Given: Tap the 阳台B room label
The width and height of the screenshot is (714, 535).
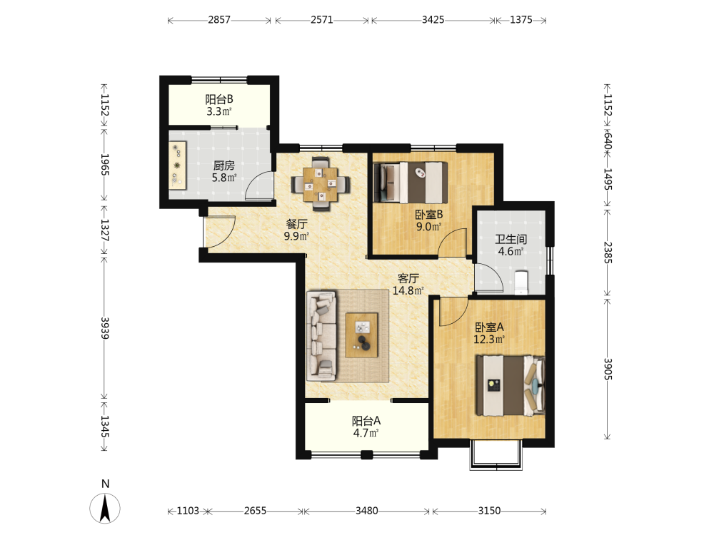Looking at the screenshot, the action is point(219,98).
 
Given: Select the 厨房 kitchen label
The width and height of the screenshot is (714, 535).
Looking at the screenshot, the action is point(224,165).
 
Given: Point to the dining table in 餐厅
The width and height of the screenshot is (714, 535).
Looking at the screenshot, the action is point(321,184).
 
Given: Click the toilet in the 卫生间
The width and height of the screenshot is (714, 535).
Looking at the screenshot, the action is point(521,283).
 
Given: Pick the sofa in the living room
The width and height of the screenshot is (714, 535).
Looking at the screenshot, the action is point(322,336).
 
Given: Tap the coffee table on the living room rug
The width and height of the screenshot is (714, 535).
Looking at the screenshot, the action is point(361,335).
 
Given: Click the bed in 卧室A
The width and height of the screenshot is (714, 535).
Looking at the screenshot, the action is point(510,385).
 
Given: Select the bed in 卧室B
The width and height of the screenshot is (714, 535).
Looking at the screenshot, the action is point(411,183).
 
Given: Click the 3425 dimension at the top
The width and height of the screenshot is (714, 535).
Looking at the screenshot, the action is point(433,19).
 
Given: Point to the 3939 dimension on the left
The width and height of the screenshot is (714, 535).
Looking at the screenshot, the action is point(105,328).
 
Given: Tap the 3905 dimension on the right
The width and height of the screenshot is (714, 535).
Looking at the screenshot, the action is point(608,369).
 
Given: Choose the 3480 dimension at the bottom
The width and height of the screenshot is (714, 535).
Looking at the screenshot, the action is point(366,511).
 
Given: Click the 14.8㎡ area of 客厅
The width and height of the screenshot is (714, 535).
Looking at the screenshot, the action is point(408,290).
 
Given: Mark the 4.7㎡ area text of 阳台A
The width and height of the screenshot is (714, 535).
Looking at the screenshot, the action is point(366,433).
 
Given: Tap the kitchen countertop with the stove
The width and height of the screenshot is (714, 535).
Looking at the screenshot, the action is point(178,165).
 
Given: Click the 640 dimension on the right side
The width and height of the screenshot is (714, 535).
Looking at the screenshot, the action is point(608,141).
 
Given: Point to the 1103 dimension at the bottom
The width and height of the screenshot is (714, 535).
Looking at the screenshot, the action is point(188,511).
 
